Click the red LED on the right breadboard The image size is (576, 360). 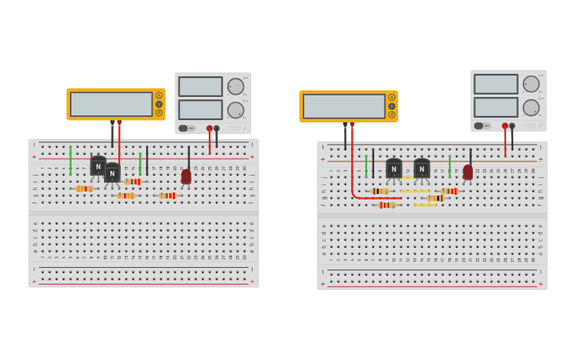click(x=468, y=172)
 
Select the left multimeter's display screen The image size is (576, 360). click(x=111, y=104)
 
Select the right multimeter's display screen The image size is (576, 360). click(x=344, y=106)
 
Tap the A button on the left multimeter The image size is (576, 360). click(x=159, y=95)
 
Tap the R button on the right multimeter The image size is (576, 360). click(x=392, y=114)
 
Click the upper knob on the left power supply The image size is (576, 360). click(x=236, y=87)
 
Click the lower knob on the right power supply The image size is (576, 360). click(x=531, y=107)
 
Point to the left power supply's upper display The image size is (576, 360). click(x=200, y=87)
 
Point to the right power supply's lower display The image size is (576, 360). click(x=496, y=107)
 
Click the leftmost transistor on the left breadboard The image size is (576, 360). click(x=98, y=167)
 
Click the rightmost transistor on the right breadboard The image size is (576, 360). click(x=422, y=168)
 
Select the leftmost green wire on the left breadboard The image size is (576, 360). click(x=70, y=160)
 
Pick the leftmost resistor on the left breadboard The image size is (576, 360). click(x=84, y=188)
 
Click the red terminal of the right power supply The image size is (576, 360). click(x=504, y=126)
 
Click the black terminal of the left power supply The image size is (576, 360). click(x=216, y=128)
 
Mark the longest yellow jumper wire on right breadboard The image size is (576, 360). click(x=414, y=191)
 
